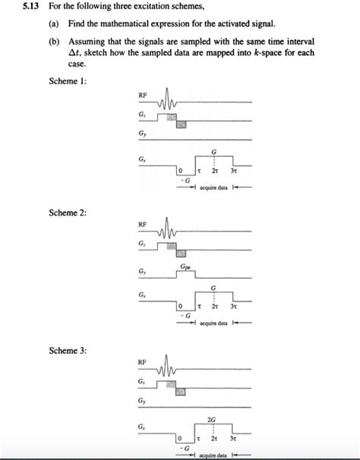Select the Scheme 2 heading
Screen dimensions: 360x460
pos(67,213)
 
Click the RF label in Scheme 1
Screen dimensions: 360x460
pos(142,96)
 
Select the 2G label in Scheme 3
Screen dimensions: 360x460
pos(213,418)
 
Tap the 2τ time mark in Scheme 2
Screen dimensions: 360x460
pos(214,305)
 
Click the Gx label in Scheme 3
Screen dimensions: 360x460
pos(142,427)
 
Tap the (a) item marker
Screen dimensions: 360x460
pos(55,24)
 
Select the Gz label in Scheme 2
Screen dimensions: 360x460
pos(142,244)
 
